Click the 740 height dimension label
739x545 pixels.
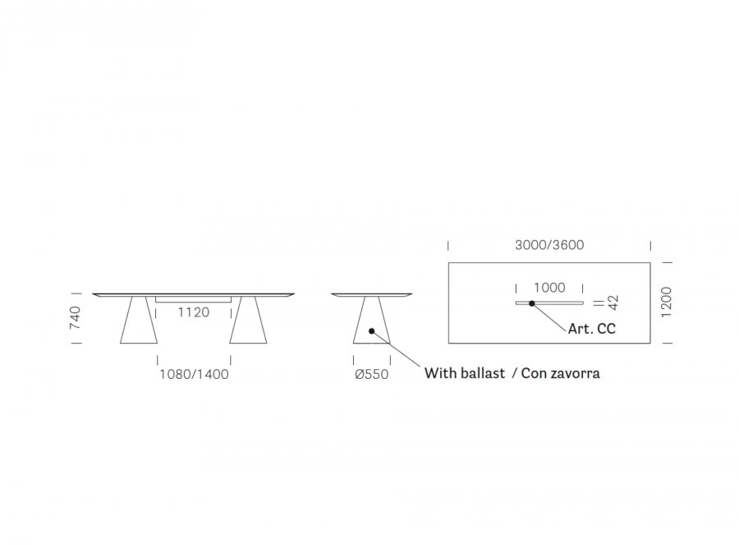tap(76, 318)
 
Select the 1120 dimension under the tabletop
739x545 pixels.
tap(193, 312)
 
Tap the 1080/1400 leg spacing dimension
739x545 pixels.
tap(194, 374)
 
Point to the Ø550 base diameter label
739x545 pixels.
tap(371, 374)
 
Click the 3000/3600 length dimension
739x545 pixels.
tap(549, 245)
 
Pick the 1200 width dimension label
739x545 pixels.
tap(666, 303)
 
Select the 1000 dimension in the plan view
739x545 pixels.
tap(549, 288)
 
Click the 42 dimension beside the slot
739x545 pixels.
tap(613, 303)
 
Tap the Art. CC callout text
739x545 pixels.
tap(591, 329)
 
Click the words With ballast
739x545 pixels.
tap(464, 373)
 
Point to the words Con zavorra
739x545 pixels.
tap(560, 373)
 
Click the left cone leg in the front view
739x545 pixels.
tap(139, 320)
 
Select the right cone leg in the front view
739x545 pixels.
tap(248, 320)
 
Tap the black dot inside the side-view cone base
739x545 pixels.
tap(371, 331)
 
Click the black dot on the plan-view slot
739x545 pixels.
tap(531, 303)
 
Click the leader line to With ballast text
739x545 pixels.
tap(396, 349)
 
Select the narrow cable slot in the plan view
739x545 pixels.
tap(549, 303)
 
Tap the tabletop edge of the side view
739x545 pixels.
tap(371, 294)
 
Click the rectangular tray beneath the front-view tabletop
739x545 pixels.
tap(193, 299)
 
